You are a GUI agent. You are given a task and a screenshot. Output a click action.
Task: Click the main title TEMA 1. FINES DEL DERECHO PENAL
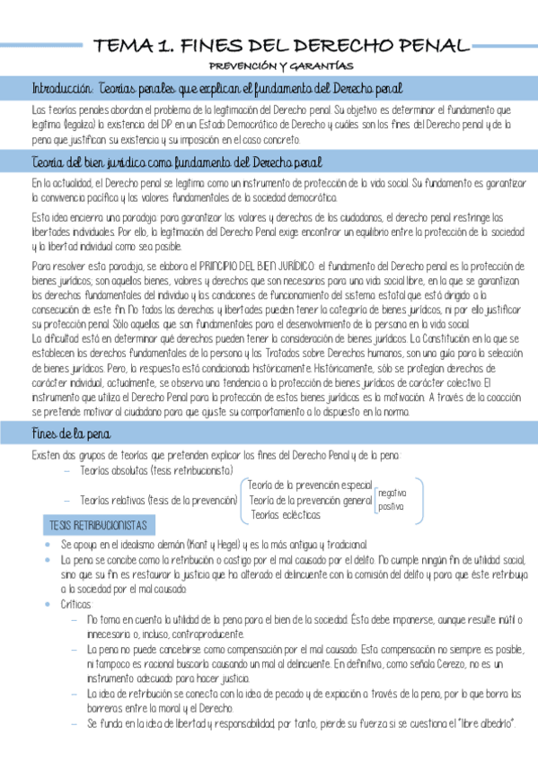(282, 45)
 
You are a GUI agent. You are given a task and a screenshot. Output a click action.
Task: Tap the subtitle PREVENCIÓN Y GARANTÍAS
(281, 66)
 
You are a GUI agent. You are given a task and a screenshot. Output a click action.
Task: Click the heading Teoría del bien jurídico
(176, 162)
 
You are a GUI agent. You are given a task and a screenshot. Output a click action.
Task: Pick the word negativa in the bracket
(392, 493)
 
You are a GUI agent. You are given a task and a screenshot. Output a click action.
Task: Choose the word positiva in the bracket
(391, 506)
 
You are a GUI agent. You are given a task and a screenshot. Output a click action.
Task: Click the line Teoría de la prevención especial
(308, 485)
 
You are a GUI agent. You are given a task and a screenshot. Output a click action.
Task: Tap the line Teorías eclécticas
(285, 514)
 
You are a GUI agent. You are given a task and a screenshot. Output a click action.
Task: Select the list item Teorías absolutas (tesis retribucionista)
(156, 471)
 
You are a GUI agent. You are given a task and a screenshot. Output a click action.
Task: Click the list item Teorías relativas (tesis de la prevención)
(156, 500)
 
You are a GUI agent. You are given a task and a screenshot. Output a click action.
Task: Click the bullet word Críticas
(76, 605)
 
